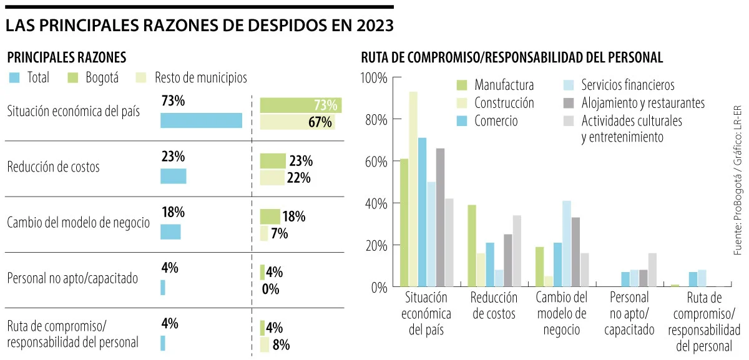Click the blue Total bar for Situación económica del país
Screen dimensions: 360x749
pos(201,120)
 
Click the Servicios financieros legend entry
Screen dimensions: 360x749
pos(628,85)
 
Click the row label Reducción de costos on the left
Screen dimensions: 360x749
pos(54,167)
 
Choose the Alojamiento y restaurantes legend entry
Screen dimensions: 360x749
pos(643,103)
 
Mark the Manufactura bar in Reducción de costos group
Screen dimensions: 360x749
pos(472,246)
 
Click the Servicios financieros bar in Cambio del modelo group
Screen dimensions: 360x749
pos(567,244)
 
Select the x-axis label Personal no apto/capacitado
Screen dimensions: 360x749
pos(629,313)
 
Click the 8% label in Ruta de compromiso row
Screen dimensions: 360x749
pos(281,344)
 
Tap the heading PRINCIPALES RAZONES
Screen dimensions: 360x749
pos(67,57)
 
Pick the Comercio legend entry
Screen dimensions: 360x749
pos(496,121)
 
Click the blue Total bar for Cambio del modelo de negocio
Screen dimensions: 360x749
pos(170,232)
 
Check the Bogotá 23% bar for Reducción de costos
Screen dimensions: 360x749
pos(273,161)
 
